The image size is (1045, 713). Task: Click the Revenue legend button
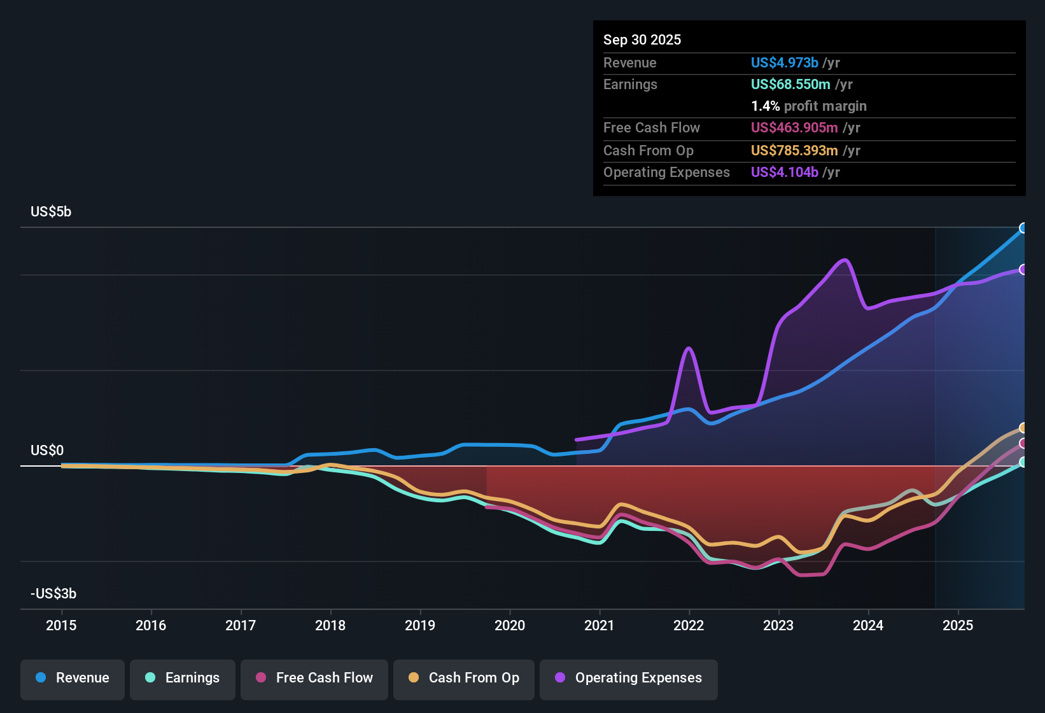tap(73, 678)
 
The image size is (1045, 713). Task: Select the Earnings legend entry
tap(183, 678)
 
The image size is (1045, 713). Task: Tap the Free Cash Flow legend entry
tap(314, 678)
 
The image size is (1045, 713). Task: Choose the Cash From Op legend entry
tap(464, 678)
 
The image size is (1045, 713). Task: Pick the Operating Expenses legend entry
tap(629, 678)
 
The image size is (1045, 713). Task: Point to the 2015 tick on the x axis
tap(61, 625)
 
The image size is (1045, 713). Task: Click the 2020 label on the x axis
tap(510, 625)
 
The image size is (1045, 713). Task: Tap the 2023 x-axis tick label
tap(778, 625)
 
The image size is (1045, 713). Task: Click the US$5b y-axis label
tap(51, 211)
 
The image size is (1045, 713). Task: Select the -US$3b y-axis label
tap(53, 593)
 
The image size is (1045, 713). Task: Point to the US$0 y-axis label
tap(47, 450)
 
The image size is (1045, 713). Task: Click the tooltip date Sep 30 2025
tap(642, 39)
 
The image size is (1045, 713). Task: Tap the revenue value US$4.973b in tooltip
tap(784, 62)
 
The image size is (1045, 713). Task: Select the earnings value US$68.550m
tap(790, 84)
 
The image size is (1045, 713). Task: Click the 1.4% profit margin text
tap(809, 106)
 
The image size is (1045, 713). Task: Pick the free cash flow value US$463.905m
tap(794, 127)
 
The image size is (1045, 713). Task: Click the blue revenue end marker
tap(1023, 228)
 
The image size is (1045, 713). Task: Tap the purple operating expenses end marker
tap(1023, 269)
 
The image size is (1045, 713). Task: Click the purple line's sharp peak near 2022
tap(689, 348)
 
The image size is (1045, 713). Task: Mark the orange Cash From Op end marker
tap(1023, 428)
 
